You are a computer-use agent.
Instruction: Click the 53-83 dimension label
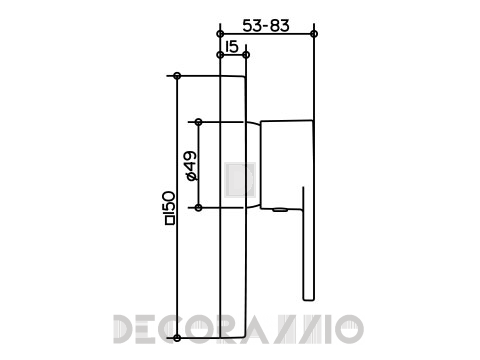click(266, 26)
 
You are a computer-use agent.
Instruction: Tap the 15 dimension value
click(232, 47)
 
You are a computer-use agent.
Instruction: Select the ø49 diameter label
click(192, 165)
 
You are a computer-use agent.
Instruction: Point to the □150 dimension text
click(169, 207)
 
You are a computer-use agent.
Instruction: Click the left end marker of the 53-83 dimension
click(220, 34)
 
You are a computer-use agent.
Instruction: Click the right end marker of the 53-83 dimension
click(314, 34)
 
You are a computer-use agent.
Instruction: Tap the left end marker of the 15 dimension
click(220, 55)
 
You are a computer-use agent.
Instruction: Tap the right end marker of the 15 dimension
click(246, 55)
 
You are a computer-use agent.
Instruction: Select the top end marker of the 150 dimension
click(177, 76)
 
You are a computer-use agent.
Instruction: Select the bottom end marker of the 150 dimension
click(177, 338)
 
